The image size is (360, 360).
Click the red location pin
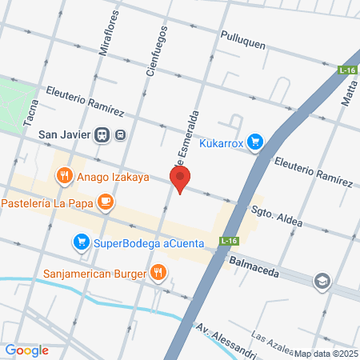click(x=180, y=178)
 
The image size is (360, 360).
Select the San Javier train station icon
click(x=102, y=134)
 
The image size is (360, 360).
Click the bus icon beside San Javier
click(x=119, y=134)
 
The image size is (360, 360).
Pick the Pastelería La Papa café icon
click(x=105, y=201)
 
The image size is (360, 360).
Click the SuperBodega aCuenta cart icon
click(x=81, y=242)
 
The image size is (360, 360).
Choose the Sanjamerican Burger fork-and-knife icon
click(x=159, y=274)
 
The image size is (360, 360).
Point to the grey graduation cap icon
click(x=322, y=282)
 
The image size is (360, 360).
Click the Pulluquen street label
click(x=242, y=45)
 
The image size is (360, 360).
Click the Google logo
click(x=27, y=350)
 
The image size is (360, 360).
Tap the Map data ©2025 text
click(x=325, y=354)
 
